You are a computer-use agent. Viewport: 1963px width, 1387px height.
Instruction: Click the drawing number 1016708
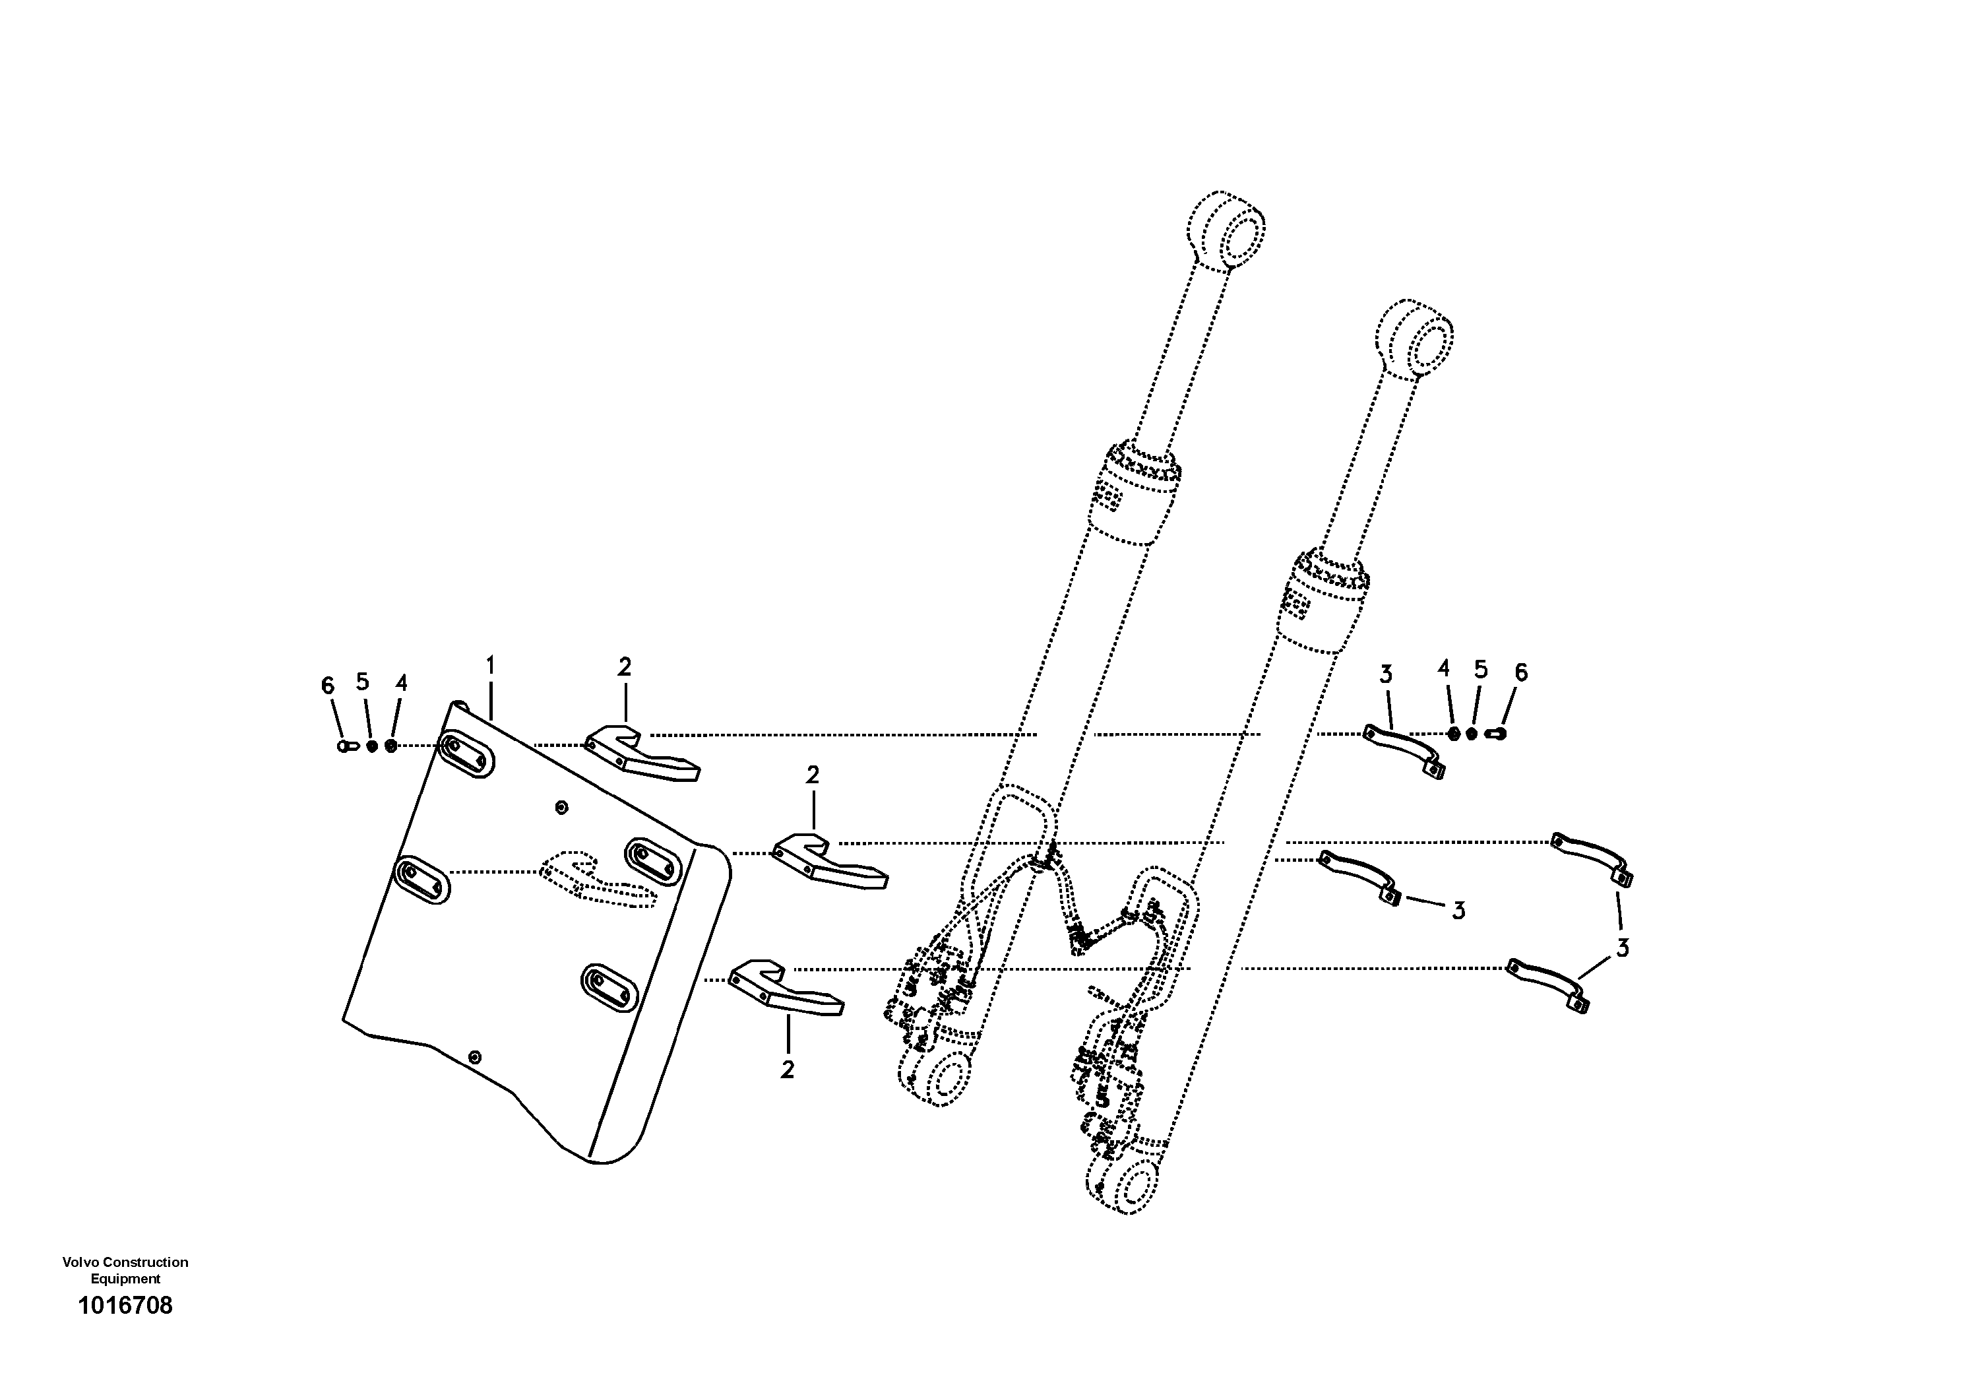coord(125,1306)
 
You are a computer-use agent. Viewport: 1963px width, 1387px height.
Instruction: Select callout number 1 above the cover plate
coord(491,664)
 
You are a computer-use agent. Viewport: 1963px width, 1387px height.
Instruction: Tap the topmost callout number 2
coord(625,667)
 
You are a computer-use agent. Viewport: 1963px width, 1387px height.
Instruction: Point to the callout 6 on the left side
coord(327,685)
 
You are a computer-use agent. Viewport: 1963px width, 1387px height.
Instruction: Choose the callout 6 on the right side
coord(1520,673)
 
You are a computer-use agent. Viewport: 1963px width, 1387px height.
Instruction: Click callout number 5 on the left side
coord(363,682)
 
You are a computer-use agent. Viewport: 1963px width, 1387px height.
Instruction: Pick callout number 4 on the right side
coord(1444,668)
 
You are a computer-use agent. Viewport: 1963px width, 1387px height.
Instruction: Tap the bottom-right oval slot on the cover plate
coord(609,988)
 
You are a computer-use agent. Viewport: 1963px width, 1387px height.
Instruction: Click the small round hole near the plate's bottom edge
coord(476,1057)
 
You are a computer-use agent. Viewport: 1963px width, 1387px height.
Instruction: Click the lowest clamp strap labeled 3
coord(1547,984)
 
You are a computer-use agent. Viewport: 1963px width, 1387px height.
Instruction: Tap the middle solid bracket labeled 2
coord(828,862)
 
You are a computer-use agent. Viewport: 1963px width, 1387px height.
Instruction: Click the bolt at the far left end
coord(346,746)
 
